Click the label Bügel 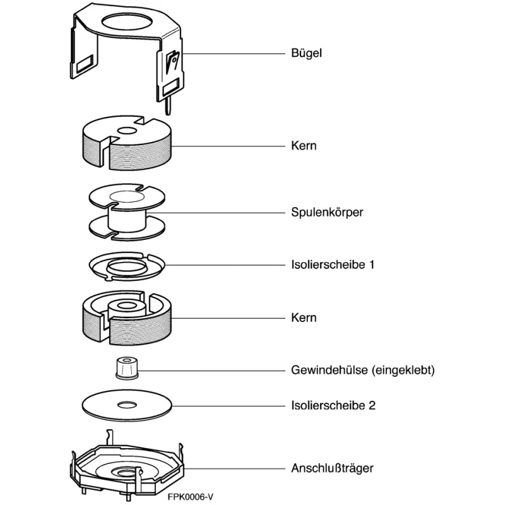306,53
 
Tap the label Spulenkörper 327,213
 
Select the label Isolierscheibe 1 333,264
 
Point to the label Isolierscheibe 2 333,405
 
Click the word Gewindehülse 330,370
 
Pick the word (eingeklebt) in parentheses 403,370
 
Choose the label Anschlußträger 332,468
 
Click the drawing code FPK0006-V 191,497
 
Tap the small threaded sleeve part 127,367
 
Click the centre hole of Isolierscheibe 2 127,405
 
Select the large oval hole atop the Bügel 127,22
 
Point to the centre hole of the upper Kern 127,131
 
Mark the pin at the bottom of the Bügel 168,107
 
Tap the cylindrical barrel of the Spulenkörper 128,220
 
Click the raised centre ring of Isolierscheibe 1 127,266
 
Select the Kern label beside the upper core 304,146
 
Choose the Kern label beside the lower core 304,318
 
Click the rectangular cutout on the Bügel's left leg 85,64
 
